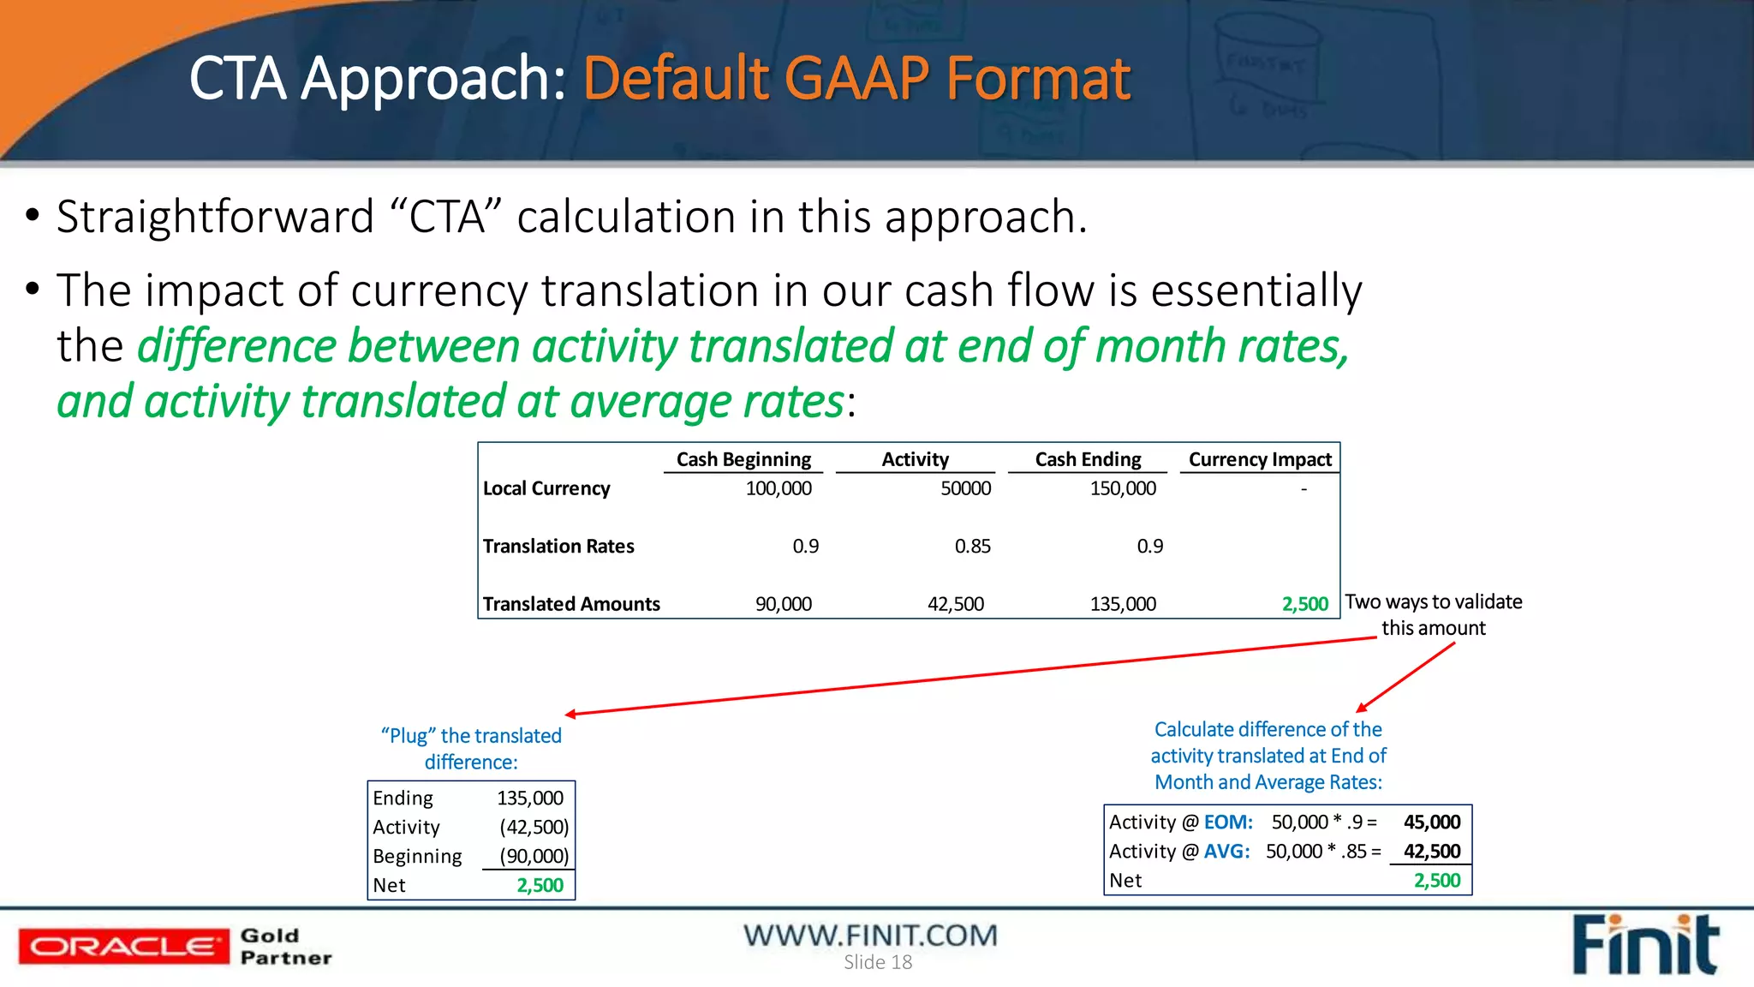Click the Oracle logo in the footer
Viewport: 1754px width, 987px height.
123,946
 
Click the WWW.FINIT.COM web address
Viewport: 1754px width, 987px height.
870,935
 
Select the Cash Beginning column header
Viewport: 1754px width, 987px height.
743,459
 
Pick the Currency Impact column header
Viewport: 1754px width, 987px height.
1259,459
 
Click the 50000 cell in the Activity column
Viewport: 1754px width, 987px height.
965,488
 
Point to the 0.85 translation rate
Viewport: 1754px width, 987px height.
972,546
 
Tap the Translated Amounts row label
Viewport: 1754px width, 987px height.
571,604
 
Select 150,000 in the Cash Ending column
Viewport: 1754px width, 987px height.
1122,488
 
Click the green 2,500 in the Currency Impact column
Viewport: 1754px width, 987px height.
1304,604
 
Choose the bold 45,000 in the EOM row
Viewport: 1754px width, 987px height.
1431,822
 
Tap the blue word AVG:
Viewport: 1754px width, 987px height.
1226,852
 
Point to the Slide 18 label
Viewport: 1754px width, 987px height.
878,962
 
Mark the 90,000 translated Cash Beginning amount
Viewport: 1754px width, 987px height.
783,604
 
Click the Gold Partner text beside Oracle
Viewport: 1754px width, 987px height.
285,947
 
